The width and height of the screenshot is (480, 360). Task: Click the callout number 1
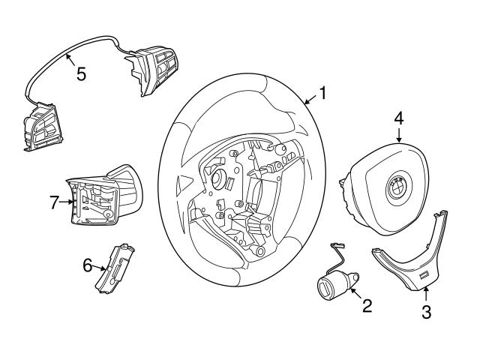coord(323,94)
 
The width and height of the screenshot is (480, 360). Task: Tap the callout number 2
coord(367,305)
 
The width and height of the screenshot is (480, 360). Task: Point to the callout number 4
coord(399,118)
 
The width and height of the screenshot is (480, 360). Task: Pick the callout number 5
coord(81,74)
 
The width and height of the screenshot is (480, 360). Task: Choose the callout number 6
coord(87,265)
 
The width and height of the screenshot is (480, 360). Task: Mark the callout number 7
coord(55,202)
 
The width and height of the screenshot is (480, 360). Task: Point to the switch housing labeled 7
coord(97,199)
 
